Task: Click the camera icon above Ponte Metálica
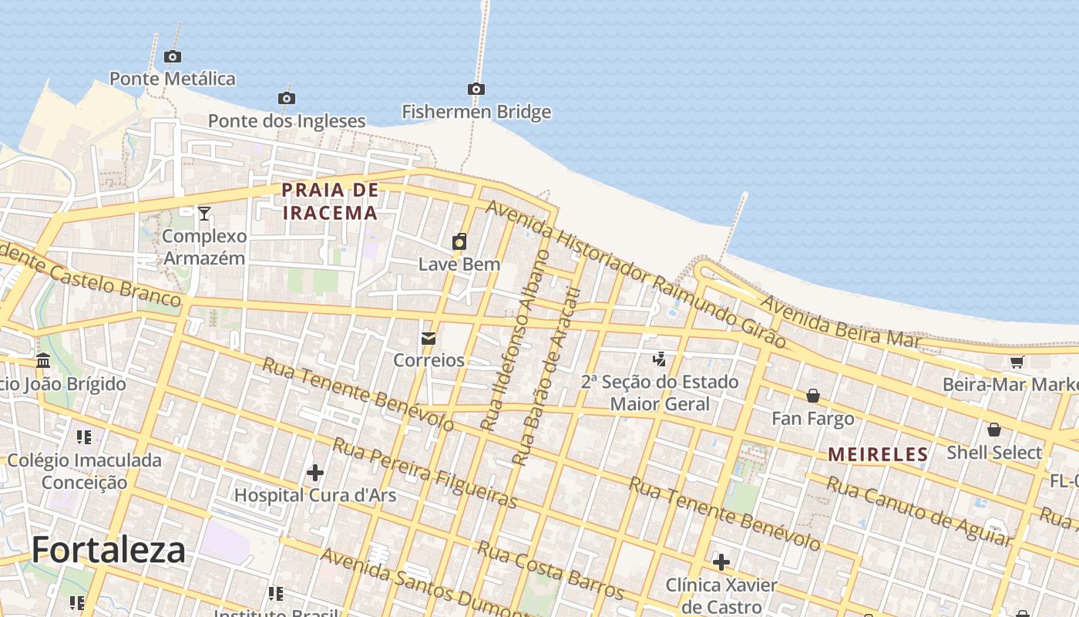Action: coord(173,56)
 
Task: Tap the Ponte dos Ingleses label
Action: coord(287,121)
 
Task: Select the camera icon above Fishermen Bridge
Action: coord(476,89)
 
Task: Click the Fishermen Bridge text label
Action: coord(476,112)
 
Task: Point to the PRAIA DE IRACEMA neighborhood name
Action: coord(331,201)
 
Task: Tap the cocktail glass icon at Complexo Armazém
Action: coord(204,214)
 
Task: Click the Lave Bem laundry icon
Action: coord(459,241)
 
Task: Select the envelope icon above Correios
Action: coord(429,338)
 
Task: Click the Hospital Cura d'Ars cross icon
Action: coord(314,472)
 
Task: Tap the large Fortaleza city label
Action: coord(109,550)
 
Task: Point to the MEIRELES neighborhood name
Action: coord(878,454)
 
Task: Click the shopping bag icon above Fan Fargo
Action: coord(813,396)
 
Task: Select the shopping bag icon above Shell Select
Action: coord(994,430)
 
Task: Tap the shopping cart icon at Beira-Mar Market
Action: coord(1017,362)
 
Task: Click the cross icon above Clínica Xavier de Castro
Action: coord(721,562)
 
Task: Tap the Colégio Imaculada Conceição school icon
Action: coord(84,437)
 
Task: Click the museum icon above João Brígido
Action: coord(43,361)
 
